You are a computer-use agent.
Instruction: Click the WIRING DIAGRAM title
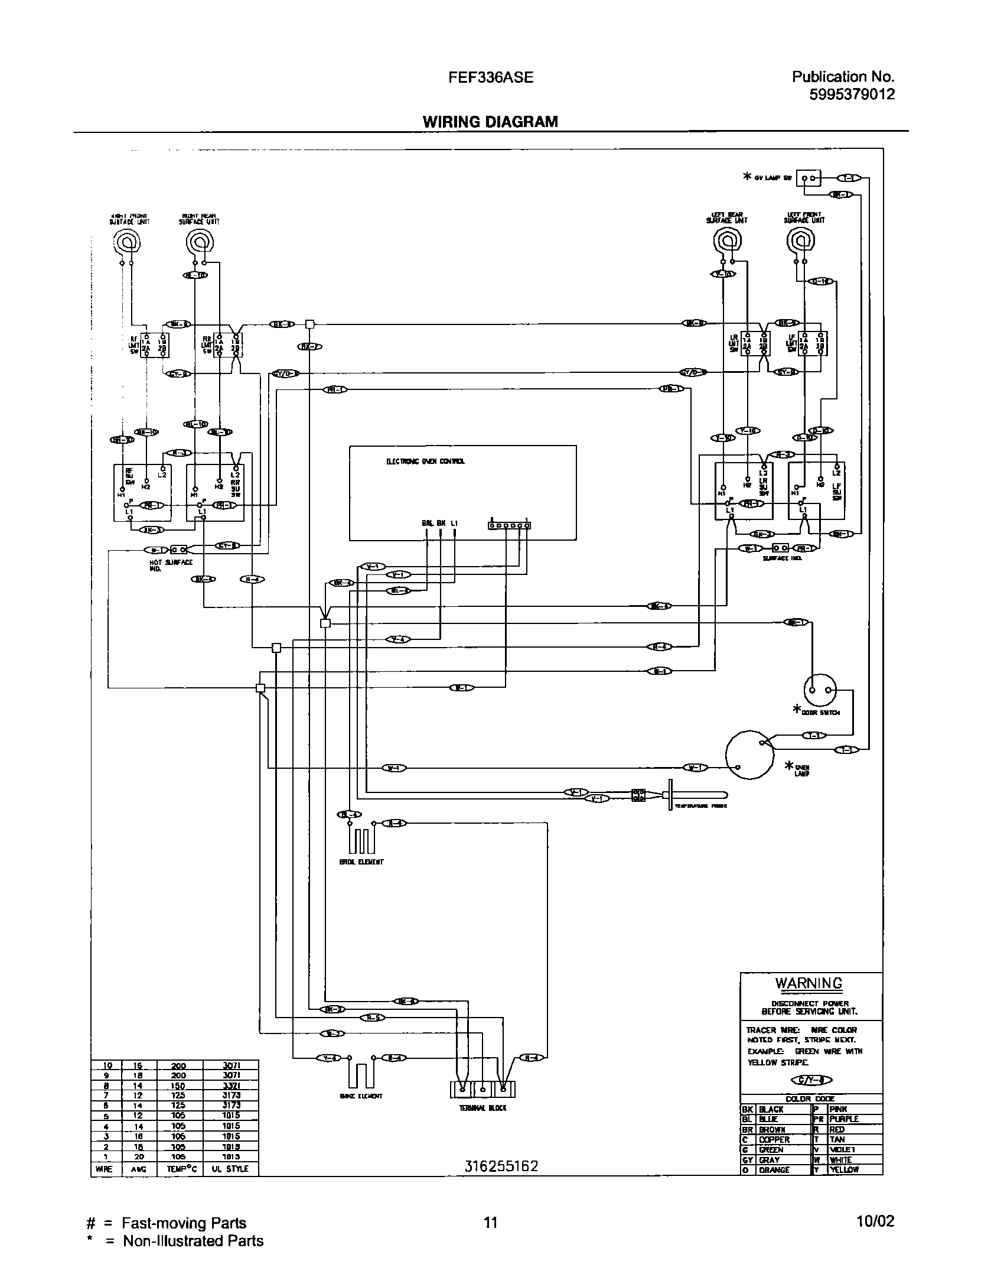point(490,122)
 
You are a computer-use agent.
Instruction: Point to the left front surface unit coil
point(800,240)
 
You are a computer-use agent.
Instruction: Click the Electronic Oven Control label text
point(425,461)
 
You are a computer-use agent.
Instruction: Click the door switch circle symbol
point(820,690)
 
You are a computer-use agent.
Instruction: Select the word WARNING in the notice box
point(809,983)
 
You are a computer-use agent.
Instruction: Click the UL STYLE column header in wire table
point(230,1169)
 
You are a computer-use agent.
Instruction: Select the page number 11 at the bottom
point(491,1222)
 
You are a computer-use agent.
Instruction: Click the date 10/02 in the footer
point(877,1221)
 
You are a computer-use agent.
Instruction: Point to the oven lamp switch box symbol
point(809,178)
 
